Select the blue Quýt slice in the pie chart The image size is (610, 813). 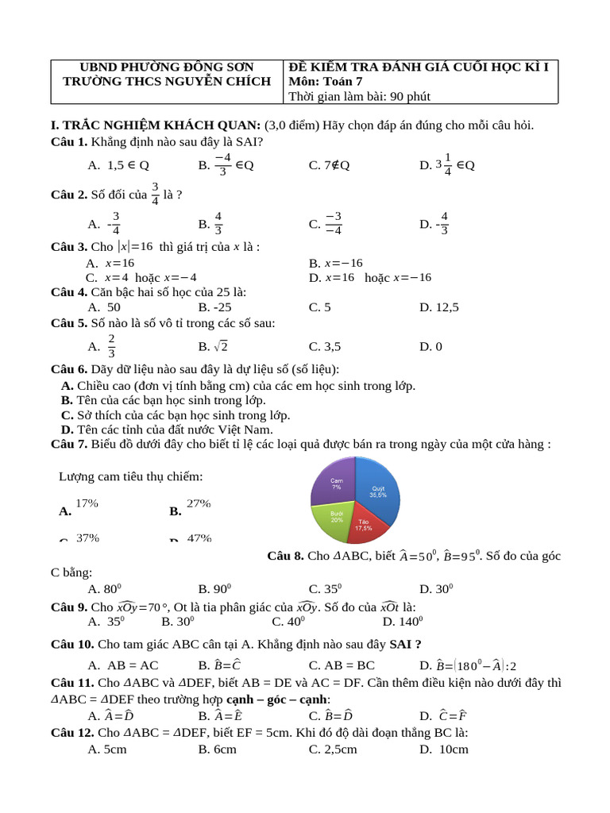375,492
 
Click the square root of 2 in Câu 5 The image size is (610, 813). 221,346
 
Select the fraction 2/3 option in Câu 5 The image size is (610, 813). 111,346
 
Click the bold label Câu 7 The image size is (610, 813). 69,445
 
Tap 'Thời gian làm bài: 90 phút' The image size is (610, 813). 359,97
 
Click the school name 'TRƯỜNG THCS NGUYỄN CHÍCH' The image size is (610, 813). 167,82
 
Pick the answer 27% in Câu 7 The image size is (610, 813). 199,503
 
